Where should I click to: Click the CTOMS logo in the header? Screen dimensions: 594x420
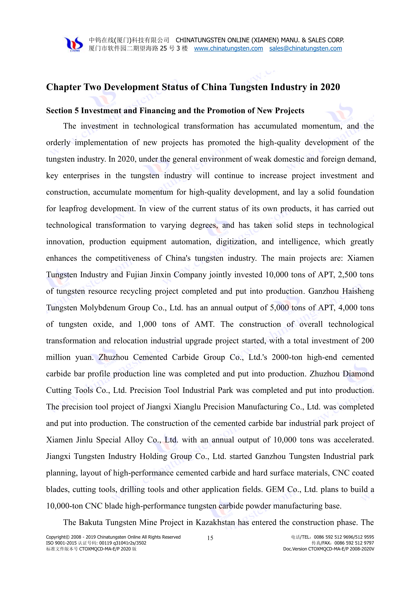[73, 44]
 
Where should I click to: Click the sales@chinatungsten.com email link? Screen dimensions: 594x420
[305, 48]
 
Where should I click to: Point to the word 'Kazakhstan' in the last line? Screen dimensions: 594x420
[215, 522]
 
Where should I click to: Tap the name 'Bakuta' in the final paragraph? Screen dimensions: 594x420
[90, 522]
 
